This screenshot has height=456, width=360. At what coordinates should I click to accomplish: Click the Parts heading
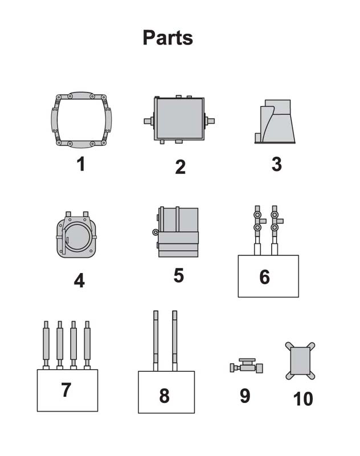[x=167, y=38]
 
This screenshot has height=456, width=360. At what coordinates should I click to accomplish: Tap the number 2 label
[x=180, y=167]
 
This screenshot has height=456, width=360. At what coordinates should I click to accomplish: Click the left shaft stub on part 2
[x=149, y=121]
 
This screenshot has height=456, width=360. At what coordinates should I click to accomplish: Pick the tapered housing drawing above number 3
[x=275, y=121]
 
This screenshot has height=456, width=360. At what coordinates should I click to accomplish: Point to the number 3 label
[x=277, y=164]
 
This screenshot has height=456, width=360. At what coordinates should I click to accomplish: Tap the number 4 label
[x=79, y=280]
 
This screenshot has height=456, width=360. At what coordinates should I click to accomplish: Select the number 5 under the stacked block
[x=179, y=275]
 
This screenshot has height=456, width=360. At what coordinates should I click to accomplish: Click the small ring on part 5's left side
[x=156, y=232]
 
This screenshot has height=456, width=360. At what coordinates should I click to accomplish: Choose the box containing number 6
[x=268, y=276]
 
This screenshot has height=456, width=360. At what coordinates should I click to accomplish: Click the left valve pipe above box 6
[x=257, y=230]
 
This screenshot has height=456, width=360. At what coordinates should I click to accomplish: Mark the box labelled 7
[x=67, y=390]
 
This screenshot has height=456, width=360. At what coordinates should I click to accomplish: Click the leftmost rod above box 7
[x=46, y=345]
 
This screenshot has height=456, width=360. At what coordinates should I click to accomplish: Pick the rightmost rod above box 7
[x=87, y=345]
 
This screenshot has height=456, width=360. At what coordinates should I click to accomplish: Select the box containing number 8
[x=166, y=392]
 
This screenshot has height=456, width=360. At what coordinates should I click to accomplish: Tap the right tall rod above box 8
[x=175, y=341]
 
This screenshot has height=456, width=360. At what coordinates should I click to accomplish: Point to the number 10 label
[x=303, y=399]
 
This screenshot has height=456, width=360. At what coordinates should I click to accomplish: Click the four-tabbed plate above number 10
[x=300, y=361]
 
